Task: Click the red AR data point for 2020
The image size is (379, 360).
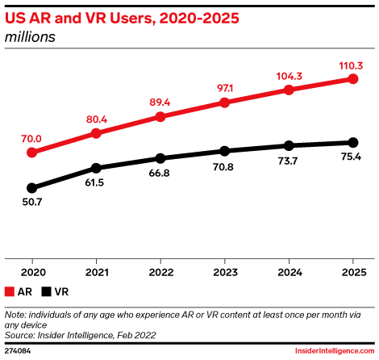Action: click(x=32, y=152)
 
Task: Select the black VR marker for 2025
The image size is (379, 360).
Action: click(x=352, y=143)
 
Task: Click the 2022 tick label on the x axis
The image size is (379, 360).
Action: click(x=160, y=272)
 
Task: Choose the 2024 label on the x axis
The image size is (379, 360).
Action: click(x=289, y=272)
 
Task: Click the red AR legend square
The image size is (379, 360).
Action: click(x=10, y=291)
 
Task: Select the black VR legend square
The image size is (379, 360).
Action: click(x=48, y=291)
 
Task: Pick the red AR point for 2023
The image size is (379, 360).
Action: click(x=224, y=103)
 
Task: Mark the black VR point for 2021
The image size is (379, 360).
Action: click(x=96, y=168)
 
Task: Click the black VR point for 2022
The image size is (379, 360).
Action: click(x=160, y=158)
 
